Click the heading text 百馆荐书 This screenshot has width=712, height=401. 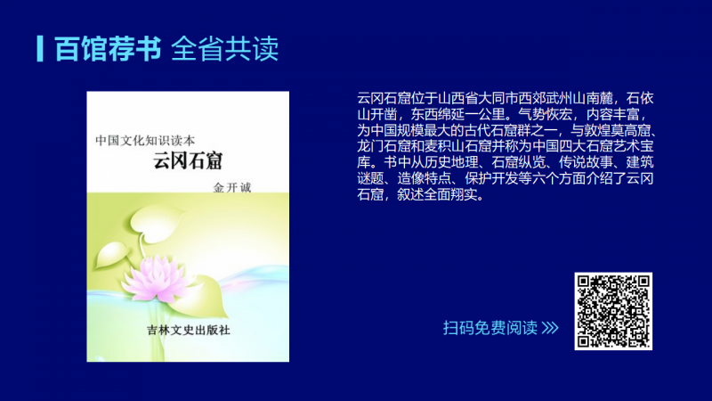coord(108,49)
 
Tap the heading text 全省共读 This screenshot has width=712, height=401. coord(225,49)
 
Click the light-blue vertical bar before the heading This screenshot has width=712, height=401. coord(40,49)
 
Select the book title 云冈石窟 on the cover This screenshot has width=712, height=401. coord(188,161)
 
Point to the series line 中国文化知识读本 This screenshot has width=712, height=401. coord(145,141)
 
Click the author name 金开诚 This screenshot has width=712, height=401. coord(232,188)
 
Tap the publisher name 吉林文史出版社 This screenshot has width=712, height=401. coord(189,331)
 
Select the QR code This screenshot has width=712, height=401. coord(613,311)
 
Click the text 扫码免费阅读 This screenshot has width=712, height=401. coord(490,328)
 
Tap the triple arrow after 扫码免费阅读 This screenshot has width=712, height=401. coord(550,328)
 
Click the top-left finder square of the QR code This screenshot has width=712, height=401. coord(585,282)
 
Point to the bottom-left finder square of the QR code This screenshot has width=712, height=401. coord(585,340)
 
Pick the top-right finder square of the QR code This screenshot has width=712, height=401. coord(643,282)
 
